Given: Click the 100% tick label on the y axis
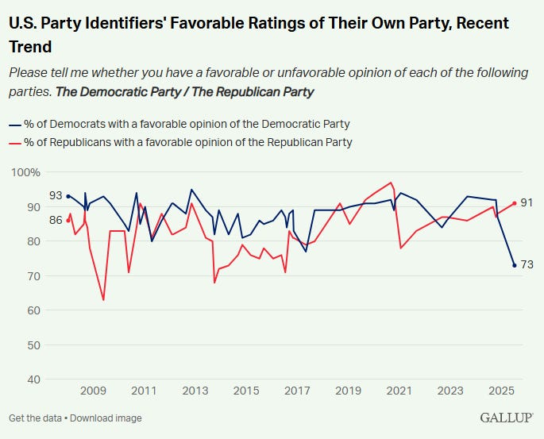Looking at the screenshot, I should coord(25,172).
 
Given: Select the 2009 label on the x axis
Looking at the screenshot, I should coord(93,391).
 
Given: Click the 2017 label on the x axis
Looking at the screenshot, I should coord(297,391).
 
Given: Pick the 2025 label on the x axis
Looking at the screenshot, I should coord(500,391).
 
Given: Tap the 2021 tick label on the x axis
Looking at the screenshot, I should coord(399,391).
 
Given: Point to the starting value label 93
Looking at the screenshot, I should coord(56,195).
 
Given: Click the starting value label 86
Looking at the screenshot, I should coord(56,220).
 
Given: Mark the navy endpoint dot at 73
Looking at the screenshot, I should coord(515,265).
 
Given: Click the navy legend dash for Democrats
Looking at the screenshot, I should coord(14,124).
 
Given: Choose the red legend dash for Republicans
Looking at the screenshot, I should coord(14,142).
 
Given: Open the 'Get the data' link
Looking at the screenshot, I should coord(35,418).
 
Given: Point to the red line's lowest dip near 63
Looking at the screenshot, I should coord(103,300).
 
